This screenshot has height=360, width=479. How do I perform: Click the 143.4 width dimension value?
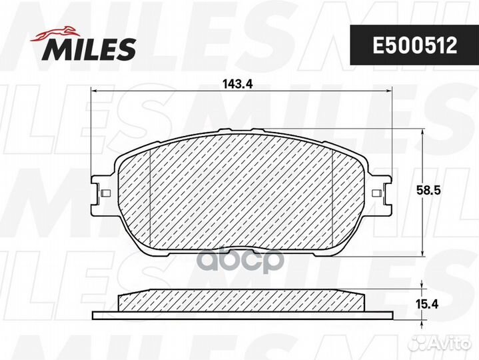pos(233,85)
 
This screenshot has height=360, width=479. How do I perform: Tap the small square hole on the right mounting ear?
pos(378,194)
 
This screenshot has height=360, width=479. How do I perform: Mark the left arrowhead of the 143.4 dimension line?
pos(94,92)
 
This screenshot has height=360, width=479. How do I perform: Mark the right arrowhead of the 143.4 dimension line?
pos(388,92)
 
